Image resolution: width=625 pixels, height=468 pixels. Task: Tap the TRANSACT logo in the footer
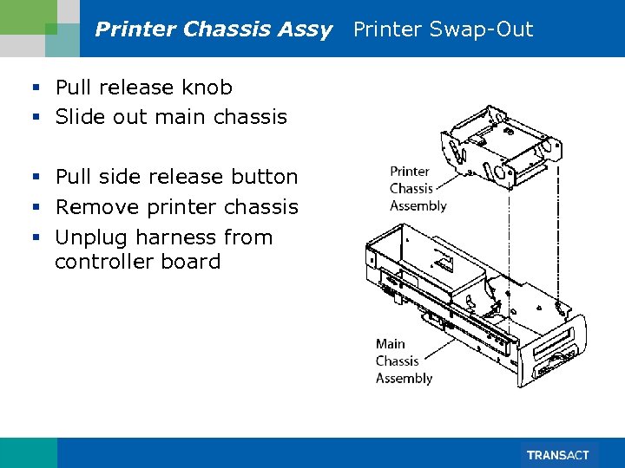tap(557, 455)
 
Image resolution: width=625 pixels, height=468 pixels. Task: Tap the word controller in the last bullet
tap(102, 262)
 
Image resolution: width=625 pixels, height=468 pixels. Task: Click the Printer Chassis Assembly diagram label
tap(418, 189)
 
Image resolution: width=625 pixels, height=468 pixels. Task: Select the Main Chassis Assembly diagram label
tap(404, 361)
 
